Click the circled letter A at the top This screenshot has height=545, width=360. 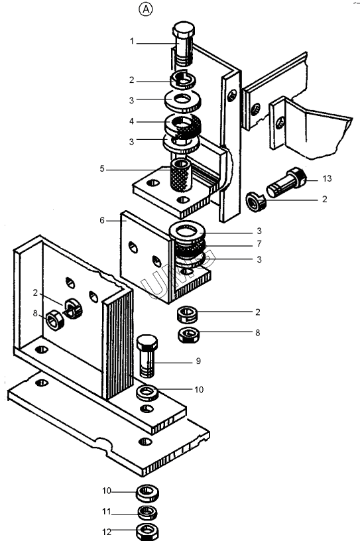[146, 10]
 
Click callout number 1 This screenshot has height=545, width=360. [132, 41]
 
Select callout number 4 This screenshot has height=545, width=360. [132, 121]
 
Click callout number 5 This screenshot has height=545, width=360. [102, 168]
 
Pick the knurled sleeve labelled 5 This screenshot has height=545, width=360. [181, 175]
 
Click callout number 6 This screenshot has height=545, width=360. [102, 220]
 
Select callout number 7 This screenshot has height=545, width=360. [259, 244]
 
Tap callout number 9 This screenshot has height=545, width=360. [198, 361]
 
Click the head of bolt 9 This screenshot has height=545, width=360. [147, 342]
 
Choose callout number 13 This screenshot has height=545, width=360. [327, 178]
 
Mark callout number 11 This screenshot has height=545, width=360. [106, 511]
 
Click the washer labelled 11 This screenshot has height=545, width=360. [148, 513]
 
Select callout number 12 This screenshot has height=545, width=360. [106, 532]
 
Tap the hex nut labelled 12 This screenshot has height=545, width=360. [148, 531]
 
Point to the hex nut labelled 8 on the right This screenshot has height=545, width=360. [189, 335]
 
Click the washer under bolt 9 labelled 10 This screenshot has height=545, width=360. [147, 393]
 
